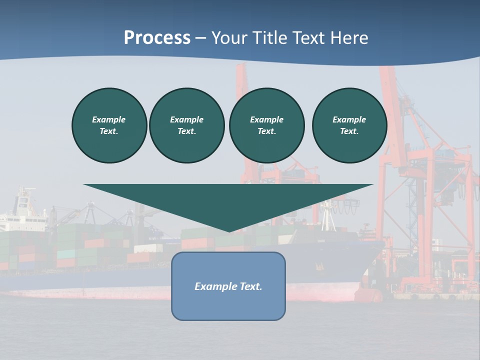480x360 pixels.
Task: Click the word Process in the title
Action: point(157,38)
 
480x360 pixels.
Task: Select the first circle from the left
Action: point(109,125)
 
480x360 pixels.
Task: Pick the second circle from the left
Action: point(187,125)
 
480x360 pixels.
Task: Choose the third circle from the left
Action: point(266,125)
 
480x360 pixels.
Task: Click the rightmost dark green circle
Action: point(349,125)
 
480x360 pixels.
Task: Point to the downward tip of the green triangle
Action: point(229,230)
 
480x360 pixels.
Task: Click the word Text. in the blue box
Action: point(250,286)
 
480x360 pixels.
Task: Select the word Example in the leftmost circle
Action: point(109,119)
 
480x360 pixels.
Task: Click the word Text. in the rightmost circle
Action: point(349,131)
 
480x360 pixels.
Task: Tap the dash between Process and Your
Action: point(201,38)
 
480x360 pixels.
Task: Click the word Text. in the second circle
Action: point(187,131)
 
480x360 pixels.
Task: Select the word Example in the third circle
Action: point(266,119)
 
